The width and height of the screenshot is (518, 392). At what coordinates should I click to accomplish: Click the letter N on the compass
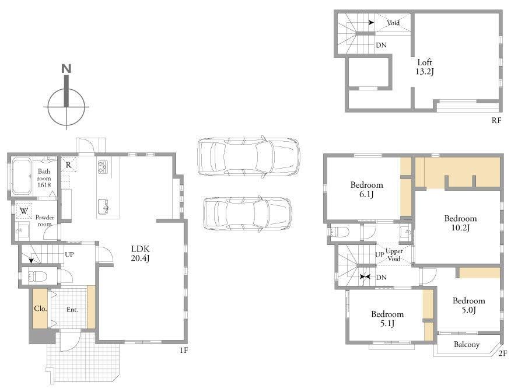click(x=66, y=69)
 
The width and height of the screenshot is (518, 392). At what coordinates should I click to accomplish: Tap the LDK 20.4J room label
click(x=141, y=253)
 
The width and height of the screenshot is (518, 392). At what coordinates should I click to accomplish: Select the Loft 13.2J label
click(x=425, y=66)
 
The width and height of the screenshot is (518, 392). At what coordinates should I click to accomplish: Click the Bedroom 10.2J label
click(x=460, y=223)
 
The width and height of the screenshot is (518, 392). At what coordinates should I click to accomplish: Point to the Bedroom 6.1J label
click(x=366, y=189)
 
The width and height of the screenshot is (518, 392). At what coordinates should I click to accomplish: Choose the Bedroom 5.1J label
click(x=387, y=318)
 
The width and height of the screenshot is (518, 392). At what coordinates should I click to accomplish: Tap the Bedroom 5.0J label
click(x=469, y=305)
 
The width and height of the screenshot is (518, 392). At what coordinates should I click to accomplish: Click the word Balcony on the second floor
click(x=467, y=344)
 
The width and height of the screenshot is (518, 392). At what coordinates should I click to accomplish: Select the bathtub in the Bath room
click(x=22, y=176)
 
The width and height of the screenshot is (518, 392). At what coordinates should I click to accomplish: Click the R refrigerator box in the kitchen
click(x=69, y=164)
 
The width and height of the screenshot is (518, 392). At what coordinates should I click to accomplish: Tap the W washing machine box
click(x=24, y=211)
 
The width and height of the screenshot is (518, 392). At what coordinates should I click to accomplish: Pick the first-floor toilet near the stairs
click(x=37, y=276)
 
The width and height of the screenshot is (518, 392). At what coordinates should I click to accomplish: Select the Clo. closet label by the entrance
click(x=40, y=309)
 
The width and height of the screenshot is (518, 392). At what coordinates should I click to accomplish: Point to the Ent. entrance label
click(x=72, y=310)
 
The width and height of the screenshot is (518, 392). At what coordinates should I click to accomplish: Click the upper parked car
click(x=249, y=156)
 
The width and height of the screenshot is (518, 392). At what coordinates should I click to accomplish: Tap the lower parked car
click(x=247, y=213)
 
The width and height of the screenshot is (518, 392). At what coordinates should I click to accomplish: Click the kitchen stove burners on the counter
click(x=103, y=166)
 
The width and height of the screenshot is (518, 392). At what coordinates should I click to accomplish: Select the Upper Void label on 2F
click(x=394, y=255)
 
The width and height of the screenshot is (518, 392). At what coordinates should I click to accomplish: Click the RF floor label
click(x=496, y=121)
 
